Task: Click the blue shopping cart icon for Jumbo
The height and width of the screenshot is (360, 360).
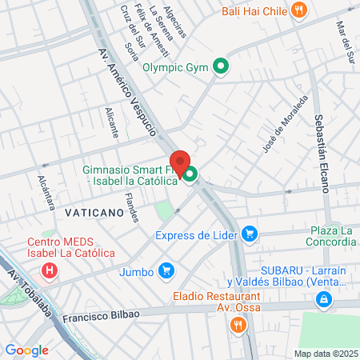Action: (x=166, y=271)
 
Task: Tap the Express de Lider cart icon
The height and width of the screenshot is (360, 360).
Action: (x=250, y=234)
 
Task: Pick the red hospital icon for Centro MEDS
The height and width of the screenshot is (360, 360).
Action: (x=50, y=270)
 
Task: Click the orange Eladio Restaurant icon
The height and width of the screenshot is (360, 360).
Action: (x=238, y=325)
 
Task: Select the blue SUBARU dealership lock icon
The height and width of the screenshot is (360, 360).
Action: (x=323, y=300)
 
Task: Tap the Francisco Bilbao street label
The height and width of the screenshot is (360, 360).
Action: (x=104, y=314)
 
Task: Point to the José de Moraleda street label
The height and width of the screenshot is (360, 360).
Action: (x=285, y=124)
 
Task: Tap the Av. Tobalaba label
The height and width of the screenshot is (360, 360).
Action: (x=37, y=300)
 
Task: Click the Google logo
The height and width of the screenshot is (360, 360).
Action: (x=26, y=350)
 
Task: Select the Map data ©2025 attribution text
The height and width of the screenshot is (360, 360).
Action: (x=323, y=354)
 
